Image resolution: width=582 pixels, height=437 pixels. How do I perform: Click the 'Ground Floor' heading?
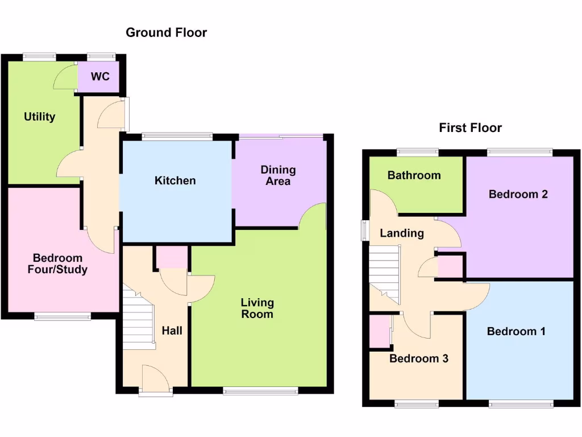[166, 32]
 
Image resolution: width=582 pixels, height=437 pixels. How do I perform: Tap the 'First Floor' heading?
[470, 127]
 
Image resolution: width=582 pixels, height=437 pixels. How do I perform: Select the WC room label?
[100, 76]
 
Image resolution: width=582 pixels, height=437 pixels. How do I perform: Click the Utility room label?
[39, 117]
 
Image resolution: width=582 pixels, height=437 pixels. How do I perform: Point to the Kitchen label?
[175, 180]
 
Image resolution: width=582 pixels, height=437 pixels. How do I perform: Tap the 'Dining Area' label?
[278, 175]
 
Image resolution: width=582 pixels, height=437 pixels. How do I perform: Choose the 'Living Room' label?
[257, 308]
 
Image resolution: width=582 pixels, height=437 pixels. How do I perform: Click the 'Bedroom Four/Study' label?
[57, 264]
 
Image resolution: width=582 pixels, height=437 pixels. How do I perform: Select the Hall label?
[172, 330]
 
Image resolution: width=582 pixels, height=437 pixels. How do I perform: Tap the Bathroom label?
[414, 175]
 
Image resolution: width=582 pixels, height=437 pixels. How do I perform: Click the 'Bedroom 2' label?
[518, 194]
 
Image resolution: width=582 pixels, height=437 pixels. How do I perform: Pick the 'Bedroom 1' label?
[516, 331]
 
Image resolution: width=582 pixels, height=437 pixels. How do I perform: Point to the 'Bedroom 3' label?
[419, 358]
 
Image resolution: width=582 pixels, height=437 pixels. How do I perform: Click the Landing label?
[401, 233]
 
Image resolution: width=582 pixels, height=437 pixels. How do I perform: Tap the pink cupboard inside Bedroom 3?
[378, 332]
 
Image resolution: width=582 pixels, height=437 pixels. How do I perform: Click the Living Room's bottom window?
[260, 391]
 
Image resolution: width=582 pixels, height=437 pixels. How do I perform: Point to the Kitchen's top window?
[177, 137]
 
